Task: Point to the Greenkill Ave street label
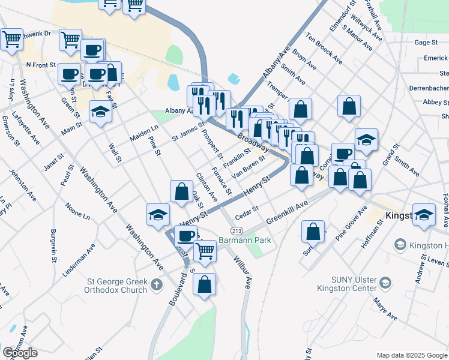click(286, 212)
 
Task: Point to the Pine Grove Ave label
click(351, 223)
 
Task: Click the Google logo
click(20, 353)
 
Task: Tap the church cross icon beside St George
click(157, 284)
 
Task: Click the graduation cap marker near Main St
click(101, 112)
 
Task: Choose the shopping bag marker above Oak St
click(181, 191)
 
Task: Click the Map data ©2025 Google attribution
click(412, 355)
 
